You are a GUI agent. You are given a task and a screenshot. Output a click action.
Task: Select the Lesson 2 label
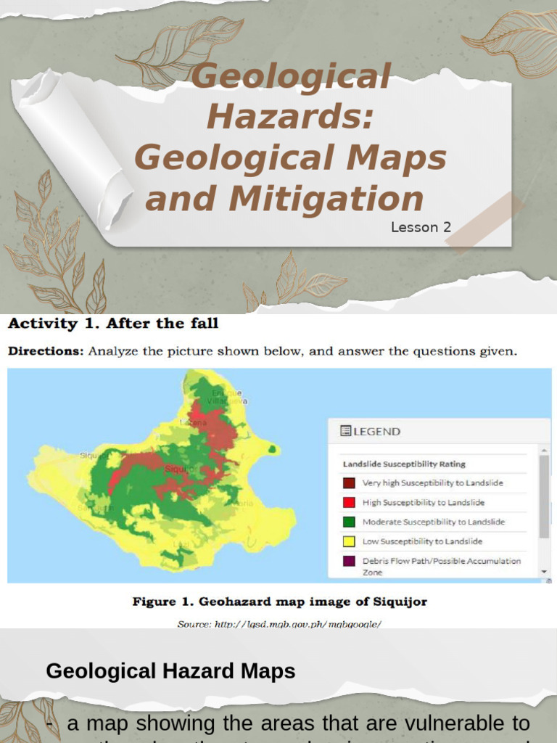(421, 227)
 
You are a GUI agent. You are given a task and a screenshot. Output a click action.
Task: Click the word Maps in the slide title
(407, 157)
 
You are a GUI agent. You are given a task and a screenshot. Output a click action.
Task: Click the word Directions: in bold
(45, 352)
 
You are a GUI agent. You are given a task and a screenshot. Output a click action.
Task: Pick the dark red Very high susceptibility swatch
(349, 483)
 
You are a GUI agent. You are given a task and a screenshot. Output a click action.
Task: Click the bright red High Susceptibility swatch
(349, 502)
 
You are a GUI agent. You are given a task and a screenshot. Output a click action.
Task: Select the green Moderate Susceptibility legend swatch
(349, 522)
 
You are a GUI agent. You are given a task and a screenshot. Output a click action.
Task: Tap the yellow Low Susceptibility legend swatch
(349, 541)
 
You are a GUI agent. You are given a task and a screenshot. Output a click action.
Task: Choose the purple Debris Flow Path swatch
(349, 561)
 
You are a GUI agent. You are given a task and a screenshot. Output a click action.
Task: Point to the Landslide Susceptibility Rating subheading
(404, 464)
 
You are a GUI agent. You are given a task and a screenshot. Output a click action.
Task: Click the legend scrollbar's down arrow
(544, 572)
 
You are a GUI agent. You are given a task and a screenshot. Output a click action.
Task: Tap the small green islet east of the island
(273, 449)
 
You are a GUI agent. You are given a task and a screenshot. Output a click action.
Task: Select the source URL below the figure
(279, 623)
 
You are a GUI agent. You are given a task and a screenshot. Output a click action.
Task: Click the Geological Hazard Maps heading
(170, 671)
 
